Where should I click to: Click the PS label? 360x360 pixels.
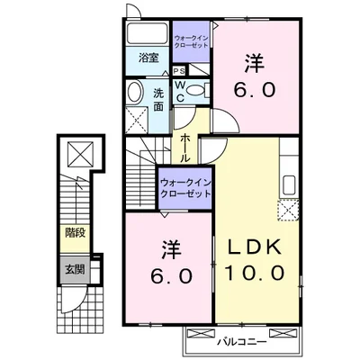click(x=179, y=71)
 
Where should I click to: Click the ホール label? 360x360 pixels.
click(x=184, y=147)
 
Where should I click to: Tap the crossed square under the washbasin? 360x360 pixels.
click(x=134, y=117)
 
